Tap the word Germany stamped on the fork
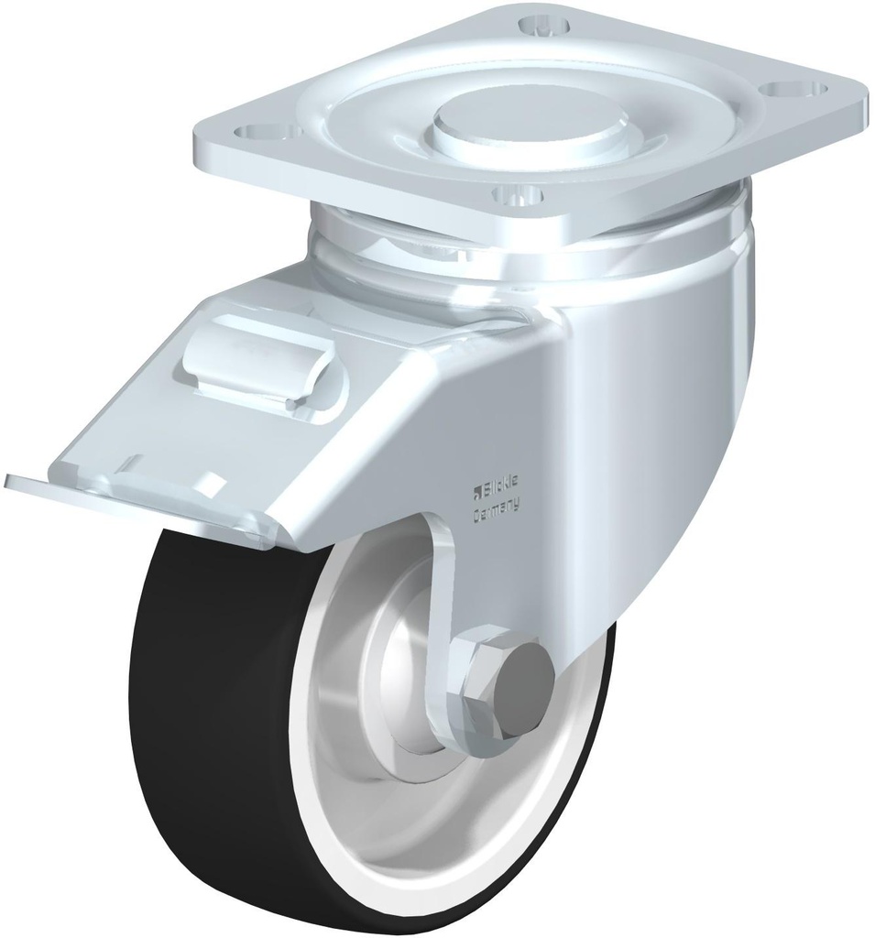tap(496, 507)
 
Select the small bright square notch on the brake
tap(217, 480)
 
